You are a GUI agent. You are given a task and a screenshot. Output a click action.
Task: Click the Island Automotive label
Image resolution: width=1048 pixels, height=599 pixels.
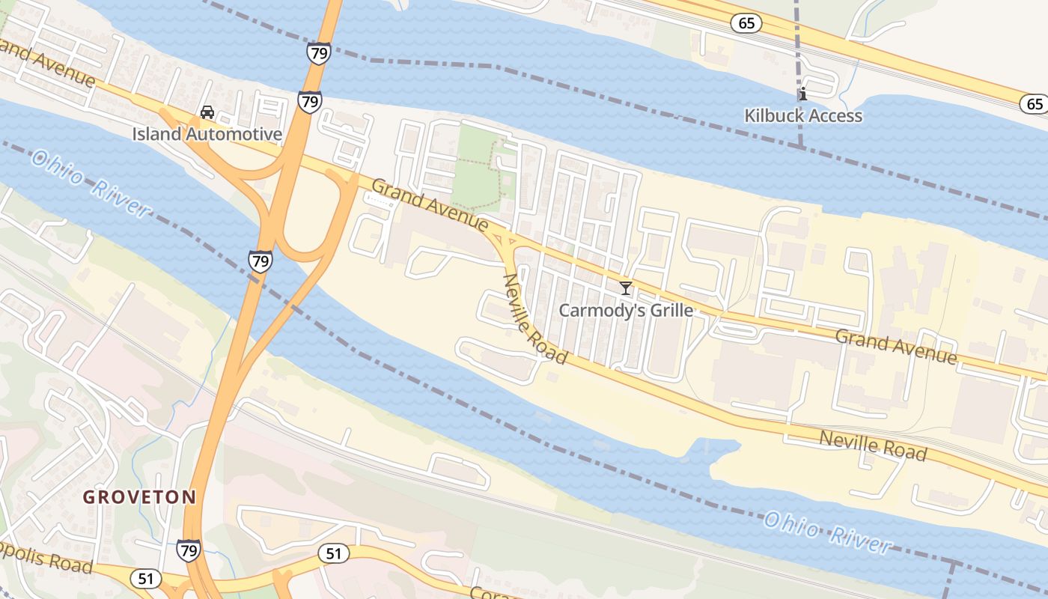[207, 135]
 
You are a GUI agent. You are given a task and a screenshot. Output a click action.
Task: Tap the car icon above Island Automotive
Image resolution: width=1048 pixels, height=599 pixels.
[207, 113]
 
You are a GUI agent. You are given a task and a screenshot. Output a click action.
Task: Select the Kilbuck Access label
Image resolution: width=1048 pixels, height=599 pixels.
[803, 116]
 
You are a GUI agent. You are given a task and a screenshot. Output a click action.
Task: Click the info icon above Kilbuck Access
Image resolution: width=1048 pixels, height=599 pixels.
[803, 94]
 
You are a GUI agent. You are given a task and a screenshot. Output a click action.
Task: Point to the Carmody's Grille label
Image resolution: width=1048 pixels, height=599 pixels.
[626, 310]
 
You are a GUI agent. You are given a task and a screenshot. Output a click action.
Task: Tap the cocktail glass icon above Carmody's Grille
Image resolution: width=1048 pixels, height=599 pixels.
[626, 288]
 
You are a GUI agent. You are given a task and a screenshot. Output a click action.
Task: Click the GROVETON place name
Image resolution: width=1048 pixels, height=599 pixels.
[139, 496]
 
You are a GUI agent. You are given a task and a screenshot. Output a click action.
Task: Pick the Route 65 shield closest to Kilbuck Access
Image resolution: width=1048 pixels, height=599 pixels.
[746, 24]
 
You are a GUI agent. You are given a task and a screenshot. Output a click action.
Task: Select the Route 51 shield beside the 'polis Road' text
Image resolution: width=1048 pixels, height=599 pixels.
[146, 579]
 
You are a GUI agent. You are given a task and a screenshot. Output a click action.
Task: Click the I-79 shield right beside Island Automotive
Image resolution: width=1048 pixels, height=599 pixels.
[309, 102]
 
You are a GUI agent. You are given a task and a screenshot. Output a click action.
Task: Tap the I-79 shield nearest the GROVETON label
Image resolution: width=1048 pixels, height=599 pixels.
[189, 550]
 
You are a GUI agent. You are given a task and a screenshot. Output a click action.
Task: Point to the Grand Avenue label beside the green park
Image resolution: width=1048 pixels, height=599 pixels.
[430, 204]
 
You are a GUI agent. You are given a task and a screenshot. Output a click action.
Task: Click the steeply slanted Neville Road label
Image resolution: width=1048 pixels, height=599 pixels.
[534, 317]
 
